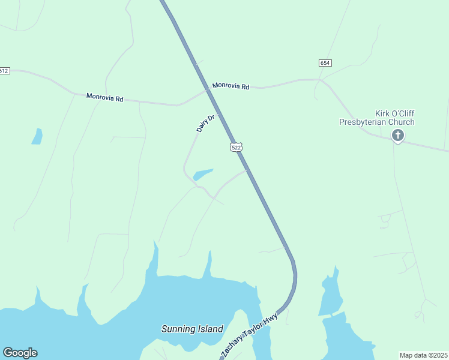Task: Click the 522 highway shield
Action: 236,147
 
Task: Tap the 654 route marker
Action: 325,63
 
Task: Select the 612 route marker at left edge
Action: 4,71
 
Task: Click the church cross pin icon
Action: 397,136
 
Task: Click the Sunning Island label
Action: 192,329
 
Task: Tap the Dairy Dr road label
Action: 205,124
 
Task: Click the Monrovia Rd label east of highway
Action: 231,86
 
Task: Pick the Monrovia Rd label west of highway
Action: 104,97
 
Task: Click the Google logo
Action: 20,353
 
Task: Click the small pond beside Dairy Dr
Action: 202,175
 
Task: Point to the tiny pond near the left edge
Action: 37,137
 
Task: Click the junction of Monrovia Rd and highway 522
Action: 208,91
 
